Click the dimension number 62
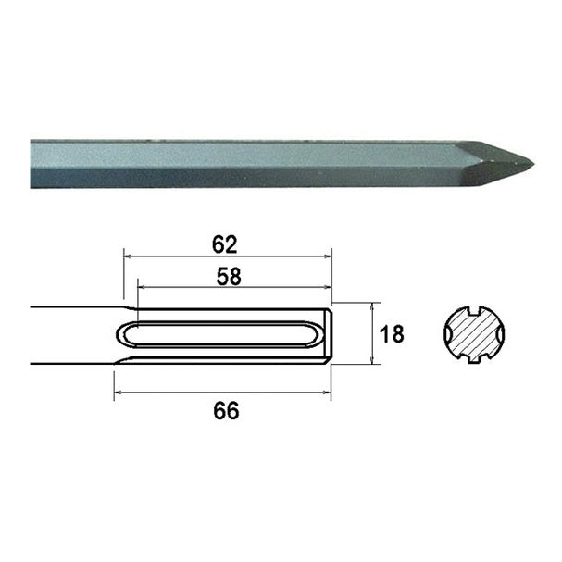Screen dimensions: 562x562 coord(225,244)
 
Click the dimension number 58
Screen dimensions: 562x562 coord(229,276)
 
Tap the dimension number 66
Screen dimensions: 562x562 coord(226,411)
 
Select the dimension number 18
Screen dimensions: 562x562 coord(392,334)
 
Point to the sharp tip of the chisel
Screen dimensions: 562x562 coord(533,165)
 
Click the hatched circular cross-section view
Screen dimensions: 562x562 coord(474,334)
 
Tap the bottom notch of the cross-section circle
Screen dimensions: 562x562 coord(475,358)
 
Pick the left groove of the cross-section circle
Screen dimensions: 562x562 coord(448,334)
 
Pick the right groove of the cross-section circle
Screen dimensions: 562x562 coord(501,334)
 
